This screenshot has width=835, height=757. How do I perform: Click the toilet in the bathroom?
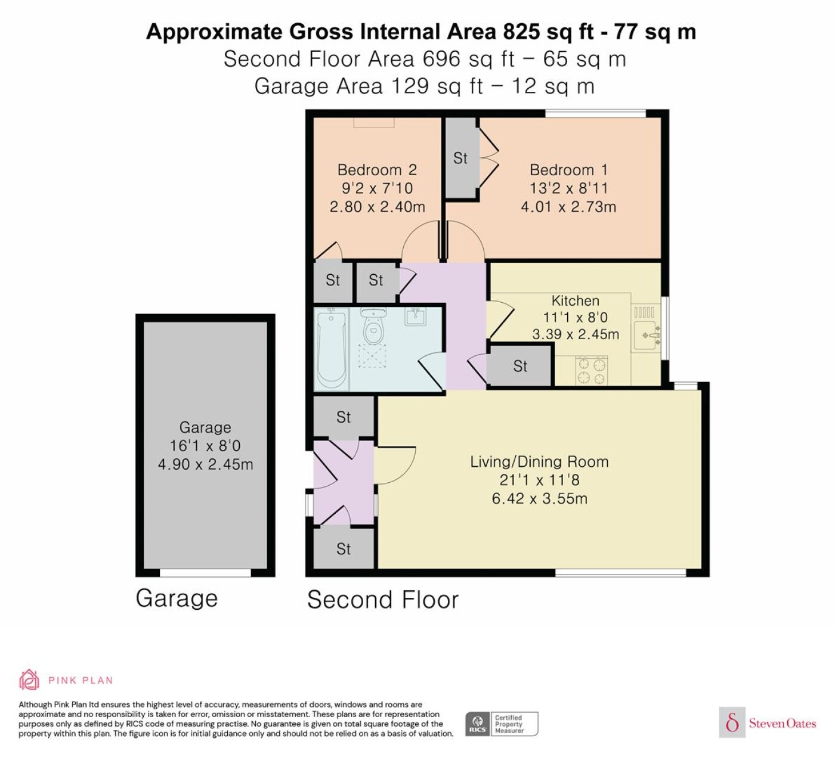373,326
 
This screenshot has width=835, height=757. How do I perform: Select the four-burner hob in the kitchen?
592,370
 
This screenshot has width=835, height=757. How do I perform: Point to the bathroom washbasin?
415,317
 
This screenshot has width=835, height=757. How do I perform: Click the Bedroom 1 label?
568,170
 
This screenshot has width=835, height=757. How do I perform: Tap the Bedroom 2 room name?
377,170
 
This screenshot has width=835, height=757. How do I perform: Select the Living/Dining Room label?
539,461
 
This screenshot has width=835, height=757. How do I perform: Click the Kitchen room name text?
576,300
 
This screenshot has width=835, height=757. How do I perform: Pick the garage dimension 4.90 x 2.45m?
206,464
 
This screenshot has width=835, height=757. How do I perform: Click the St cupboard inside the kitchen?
520,366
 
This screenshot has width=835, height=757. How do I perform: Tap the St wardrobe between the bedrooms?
460,158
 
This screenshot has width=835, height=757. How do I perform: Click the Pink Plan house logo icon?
29,680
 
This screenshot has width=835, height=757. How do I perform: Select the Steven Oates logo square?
732,722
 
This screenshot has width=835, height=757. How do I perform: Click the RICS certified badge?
502,724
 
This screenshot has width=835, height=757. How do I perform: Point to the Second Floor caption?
382,600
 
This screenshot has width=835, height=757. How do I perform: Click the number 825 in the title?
522,32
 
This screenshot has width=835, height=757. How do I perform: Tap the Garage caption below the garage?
177,599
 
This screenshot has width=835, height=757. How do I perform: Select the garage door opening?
206,573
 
